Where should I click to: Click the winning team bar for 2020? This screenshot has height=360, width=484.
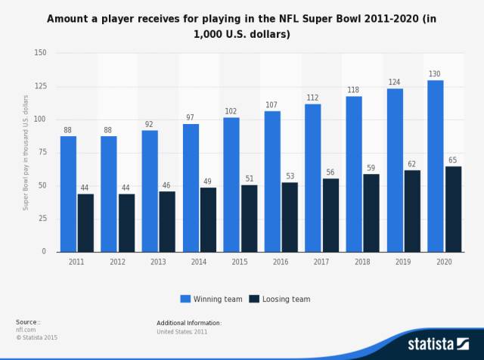pos(435,166)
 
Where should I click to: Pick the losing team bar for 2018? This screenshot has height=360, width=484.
pos(371,213)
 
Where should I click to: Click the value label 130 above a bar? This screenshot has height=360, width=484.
pos(435,73)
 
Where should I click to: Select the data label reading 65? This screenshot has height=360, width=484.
pos(453,160)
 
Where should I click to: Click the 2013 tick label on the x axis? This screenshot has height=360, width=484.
pos(158,262)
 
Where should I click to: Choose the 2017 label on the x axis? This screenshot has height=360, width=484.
pos(321,262)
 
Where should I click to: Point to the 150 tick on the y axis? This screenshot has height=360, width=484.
pos(40,53)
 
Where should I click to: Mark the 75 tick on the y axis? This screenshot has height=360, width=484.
pos(42,152)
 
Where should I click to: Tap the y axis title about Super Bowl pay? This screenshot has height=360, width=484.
pos(26,152)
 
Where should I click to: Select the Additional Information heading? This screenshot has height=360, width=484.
pos(189,323)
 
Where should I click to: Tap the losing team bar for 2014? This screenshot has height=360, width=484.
pos(208,219)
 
